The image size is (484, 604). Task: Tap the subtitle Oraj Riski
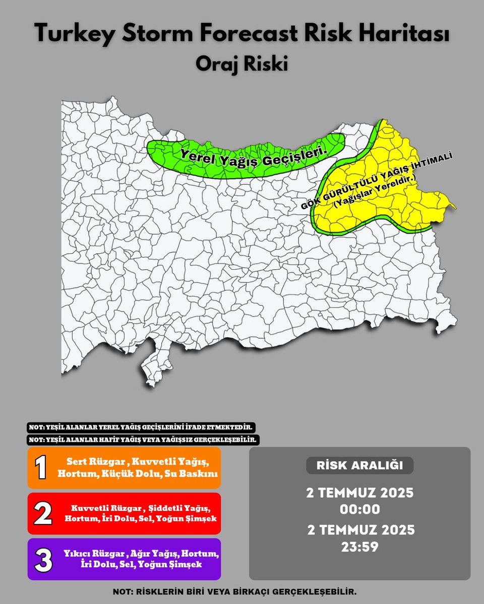tap(241, 64)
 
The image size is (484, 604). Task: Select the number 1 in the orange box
tap(41, 468)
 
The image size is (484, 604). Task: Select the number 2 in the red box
tap(42, 513)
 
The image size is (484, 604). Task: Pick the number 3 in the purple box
tap(43, 559)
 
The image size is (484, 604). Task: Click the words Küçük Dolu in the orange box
tap(136, 474)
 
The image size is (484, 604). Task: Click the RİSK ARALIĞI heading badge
tap(359, 466)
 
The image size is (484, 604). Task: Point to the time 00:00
tap(359, 509)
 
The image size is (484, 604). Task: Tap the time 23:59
tap(359, 546)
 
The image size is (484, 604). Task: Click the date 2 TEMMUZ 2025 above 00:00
tap(359, 493)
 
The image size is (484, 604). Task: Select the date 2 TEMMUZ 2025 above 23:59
tap(359, 530)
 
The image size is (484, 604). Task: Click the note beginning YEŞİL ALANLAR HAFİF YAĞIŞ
tap(143, 439)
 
